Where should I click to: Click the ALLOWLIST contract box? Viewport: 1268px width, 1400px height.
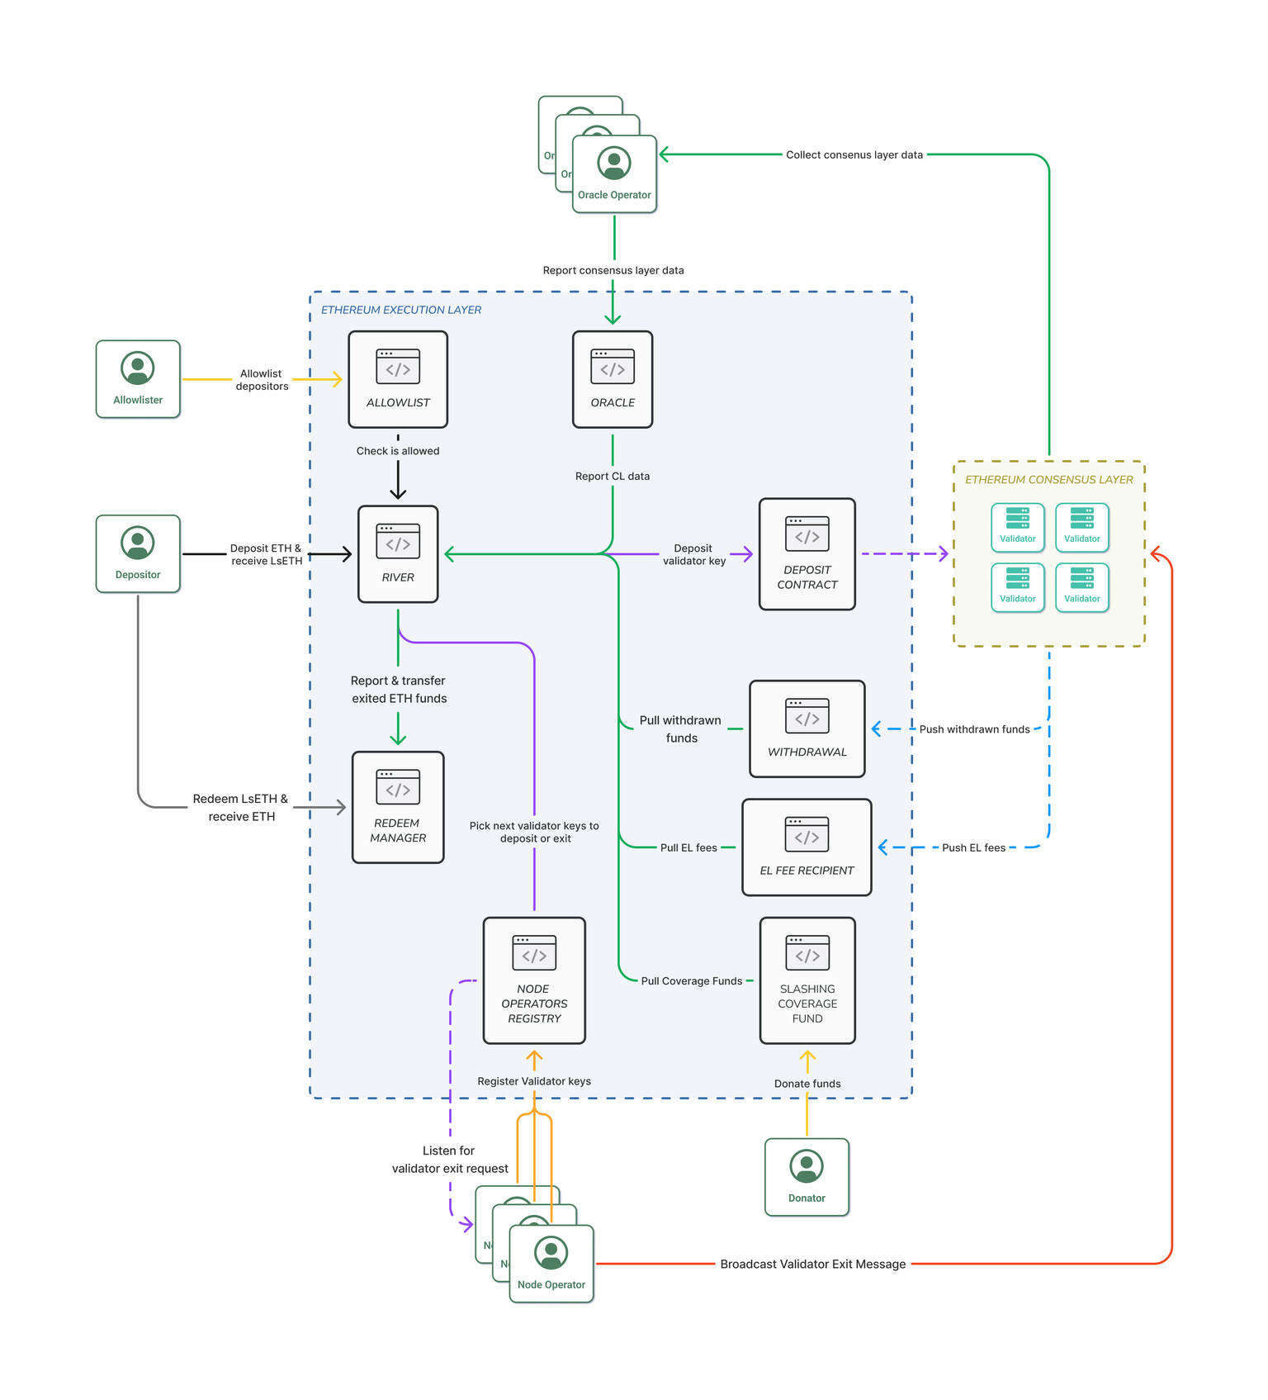click(398, 379)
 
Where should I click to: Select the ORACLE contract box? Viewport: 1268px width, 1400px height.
click(613, 379)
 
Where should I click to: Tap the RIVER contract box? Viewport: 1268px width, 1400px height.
click(398, 554)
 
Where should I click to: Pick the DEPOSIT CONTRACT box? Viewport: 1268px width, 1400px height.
click(807, 554)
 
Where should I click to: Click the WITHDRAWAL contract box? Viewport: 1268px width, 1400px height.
click(807, 728)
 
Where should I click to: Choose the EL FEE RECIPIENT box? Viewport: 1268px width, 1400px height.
click(807, 847)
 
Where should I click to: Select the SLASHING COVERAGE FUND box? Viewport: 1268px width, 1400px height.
click(807, 980)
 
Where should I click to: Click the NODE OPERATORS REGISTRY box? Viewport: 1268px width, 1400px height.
click(534, 980)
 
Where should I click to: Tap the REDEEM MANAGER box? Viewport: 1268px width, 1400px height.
click(398, 807)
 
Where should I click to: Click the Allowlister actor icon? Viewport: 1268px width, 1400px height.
click(138, 368)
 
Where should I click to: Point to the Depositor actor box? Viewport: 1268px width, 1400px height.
click(138, 553)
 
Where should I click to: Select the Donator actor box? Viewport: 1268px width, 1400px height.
click(807, 1177)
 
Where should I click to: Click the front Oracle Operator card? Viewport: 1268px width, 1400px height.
click(615, 174)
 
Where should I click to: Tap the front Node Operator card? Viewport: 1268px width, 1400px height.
click(551, 1264)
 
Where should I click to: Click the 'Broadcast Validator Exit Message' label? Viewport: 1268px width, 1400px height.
click(813, 1264)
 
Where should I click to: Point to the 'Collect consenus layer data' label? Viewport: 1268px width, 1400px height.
click(854, 154)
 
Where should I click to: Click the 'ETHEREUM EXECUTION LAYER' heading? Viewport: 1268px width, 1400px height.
click(401, 310)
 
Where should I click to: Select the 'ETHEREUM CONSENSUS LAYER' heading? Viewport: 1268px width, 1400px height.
click(1049, 479)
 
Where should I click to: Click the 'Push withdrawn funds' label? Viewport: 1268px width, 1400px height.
click(975, 729)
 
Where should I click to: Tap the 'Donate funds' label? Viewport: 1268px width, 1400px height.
click(807, 1084)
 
